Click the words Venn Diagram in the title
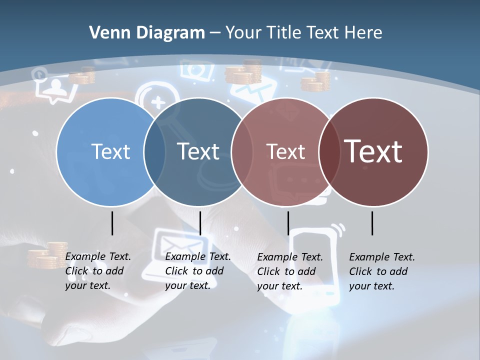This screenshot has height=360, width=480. point(146,33)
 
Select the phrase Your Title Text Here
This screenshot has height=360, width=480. point(303,33)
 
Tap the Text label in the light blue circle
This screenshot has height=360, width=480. point(110,151)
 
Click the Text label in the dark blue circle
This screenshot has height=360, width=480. point(198,151)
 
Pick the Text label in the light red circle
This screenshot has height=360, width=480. point(285,151)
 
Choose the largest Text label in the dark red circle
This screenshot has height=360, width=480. point(373,151)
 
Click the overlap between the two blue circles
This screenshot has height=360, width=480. point(154,152)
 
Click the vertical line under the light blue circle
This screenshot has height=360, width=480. point(112,223)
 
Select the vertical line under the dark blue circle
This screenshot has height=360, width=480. point(200,223)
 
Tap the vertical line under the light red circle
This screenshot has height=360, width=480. point(288,223)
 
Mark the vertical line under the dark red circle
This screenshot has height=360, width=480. point(372,223)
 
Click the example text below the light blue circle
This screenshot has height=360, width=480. point(97,271)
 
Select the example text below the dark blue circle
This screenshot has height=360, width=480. point(197,271)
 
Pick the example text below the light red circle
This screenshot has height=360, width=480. point(289,271)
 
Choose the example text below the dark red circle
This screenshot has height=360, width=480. point(381,271)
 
